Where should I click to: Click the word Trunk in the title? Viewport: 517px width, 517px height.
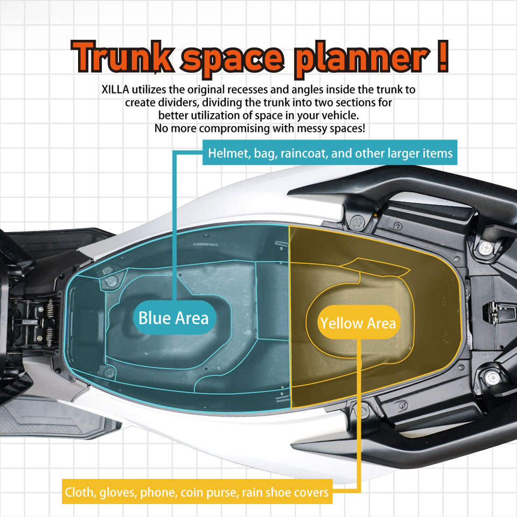[x=124, y=56]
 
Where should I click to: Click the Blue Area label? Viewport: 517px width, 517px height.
[x=173, y=318]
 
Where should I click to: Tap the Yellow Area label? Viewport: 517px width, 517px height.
[x=358, y=323]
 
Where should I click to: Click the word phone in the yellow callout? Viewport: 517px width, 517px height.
[x=155, y=492]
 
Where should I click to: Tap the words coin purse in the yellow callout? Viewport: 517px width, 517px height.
[x=206, y=492]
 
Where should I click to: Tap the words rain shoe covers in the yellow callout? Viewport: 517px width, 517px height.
[x=285, y=492]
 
